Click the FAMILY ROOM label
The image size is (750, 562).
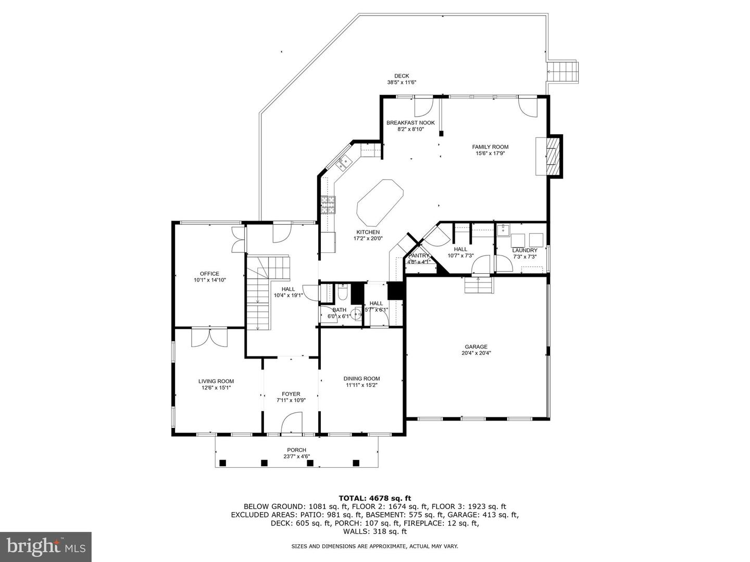pyautogui.click(x=490, y=147)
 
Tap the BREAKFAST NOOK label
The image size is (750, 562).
pyautogui.click(x=410, y=123)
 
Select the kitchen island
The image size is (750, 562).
pyautogui.click(x=380, y=203)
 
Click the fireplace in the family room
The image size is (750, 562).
pyautogui.click(x=549, y=156)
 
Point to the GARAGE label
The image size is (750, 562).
pyautogui.click(x=476, y=347)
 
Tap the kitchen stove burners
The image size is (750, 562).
pyautogui.click(x=328, y=205)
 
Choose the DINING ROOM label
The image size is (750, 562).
pyautogui.click(x=361, y=378)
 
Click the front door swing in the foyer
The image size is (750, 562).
pyautogui.click(x=292, y=423)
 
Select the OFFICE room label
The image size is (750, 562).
pyautogui.click(x=209, y=274)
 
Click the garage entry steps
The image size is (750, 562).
pyautogui.click(x=478, y=285)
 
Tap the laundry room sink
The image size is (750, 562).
pyautogui.click(x=503, y=231)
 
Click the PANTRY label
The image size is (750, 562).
pyautogui.click(x=419, y=256)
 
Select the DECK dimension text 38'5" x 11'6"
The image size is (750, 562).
pyautogui.click(x=402, y=82)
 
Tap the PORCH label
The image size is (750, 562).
pyautogui.click(x=296, y=450)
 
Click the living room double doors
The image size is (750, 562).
pyautogui.click(x=209, y=338)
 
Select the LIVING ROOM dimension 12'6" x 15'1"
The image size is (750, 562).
pyautogui.click(x=216, y=388)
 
